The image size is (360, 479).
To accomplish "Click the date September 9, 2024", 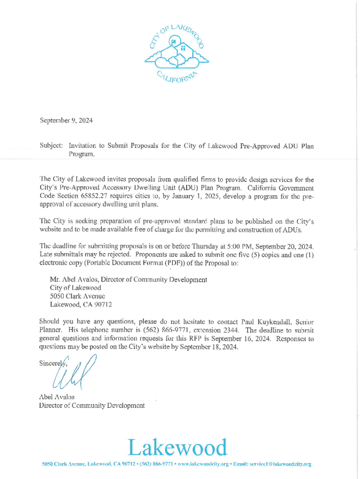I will point(66,121).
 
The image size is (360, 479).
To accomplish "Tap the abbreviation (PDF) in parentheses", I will point(172,263).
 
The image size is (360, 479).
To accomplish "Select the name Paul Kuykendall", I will point(265,322).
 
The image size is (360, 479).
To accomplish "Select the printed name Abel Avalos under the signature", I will point(57,397).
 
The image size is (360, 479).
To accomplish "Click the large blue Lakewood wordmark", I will point(178,448).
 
